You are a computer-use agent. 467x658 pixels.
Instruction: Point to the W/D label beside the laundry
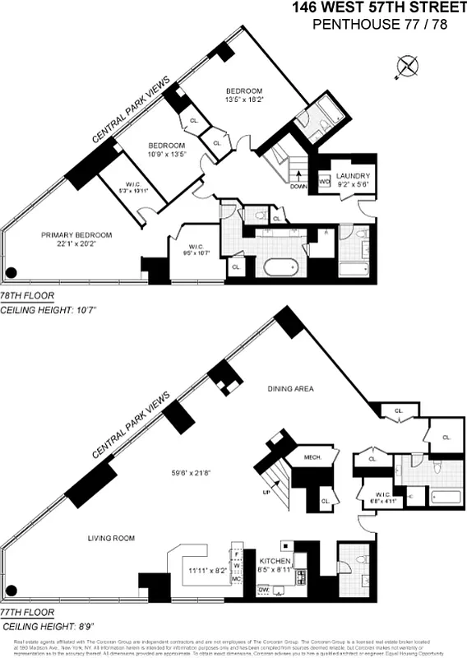[324, 181]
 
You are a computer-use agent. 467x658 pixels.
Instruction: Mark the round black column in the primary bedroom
[12, 273]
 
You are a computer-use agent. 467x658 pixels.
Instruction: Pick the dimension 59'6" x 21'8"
[192, 472]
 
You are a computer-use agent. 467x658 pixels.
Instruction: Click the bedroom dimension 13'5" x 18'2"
[244, 101]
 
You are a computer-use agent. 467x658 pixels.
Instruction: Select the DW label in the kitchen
[264, 590]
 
